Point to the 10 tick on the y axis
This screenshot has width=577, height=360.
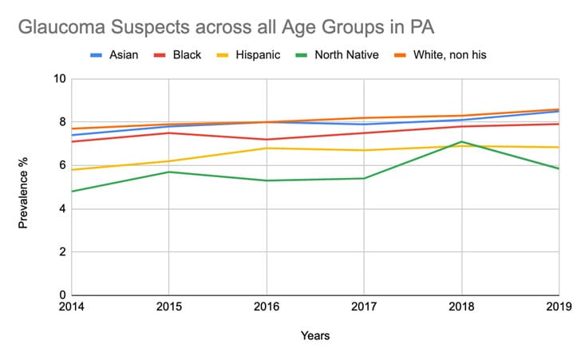pos(60,79)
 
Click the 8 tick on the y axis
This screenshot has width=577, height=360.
pos(62,122)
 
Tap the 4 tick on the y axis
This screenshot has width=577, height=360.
pos(62,209)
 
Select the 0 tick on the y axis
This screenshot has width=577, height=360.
pos(62,295)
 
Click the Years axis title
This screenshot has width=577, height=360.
pos(314,336)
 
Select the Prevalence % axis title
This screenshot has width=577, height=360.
pos(24,187)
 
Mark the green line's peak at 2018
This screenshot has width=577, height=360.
pos(461,142)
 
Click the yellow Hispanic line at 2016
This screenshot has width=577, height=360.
pos(266,148)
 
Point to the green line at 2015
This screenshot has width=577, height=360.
pos(168,172)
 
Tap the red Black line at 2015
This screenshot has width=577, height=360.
pos(168,133)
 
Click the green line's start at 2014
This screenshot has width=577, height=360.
pos(71,192)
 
